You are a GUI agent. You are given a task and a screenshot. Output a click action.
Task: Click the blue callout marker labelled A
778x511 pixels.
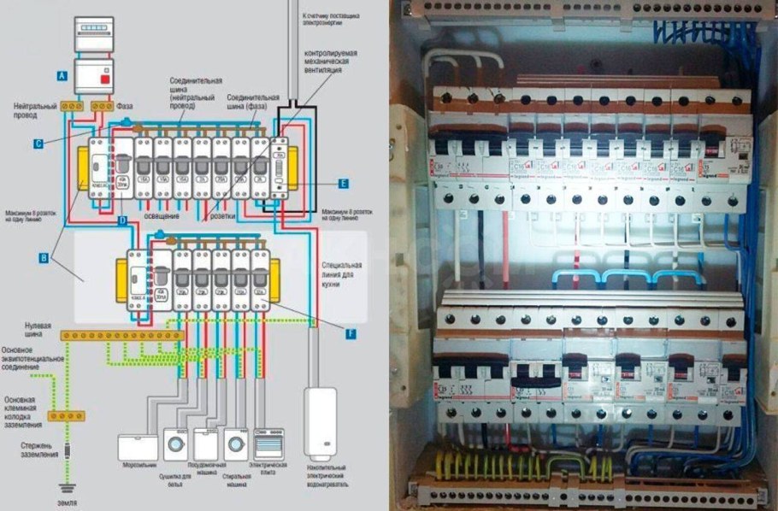coord(61,76)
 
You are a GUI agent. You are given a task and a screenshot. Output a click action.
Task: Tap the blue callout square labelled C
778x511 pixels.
coord(38,144)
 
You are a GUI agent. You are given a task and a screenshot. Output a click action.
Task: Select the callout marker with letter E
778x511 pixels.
coord(343,183)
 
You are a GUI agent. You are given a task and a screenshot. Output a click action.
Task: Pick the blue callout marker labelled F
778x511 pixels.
coord(351,334)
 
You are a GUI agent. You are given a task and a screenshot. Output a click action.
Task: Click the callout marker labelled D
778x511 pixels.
coord(123,221)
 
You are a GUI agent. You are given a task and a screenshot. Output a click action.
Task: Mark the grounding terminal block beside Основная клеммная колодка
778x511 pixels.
coord(66,416)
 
